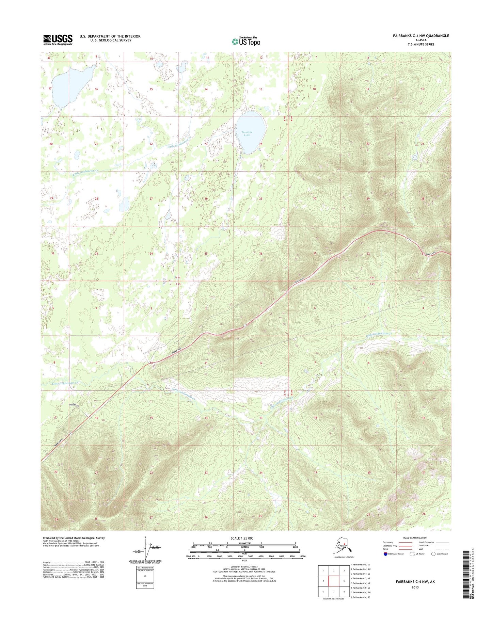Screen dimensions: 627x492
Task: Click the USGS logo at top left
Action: coord(58,39)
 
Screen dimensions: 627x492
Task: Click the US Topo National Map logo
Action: coord(246,41)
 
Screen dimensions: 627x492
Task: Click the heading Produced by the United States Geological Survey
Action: coord(74,538)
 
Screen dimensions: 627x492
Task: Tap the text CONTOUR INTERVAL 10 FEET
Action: coord(244,567)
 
